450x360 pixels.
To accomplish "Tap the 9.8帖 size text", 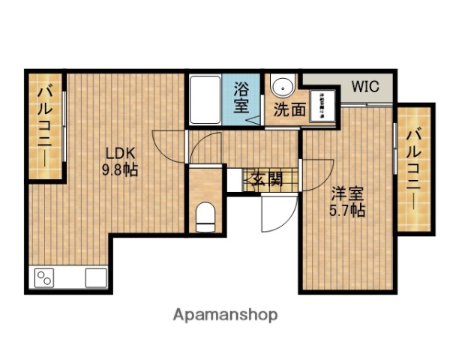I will click(120, 170).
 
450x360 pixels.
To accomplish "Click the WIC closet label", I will click(366, 86).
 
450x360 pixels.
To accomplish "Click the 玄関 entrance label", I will click(266, 178).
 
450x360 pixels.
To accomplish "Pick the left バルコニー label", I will click(43, 125).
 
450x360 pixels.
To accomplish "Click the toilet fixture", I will click(204, 217).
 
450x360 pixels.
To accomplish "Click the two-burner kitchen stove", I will click(45, 279).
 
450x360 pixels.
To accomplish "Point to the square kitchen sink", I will click(96, 277).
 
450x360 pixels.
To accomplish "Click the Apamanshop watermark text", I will click(225, 315).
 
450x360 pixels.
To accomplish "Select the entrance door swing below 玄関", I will click(271, 214).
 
